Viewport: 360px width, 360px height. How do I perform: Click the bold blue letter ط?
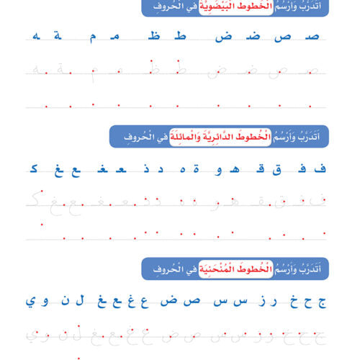(x=182, y=36)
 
